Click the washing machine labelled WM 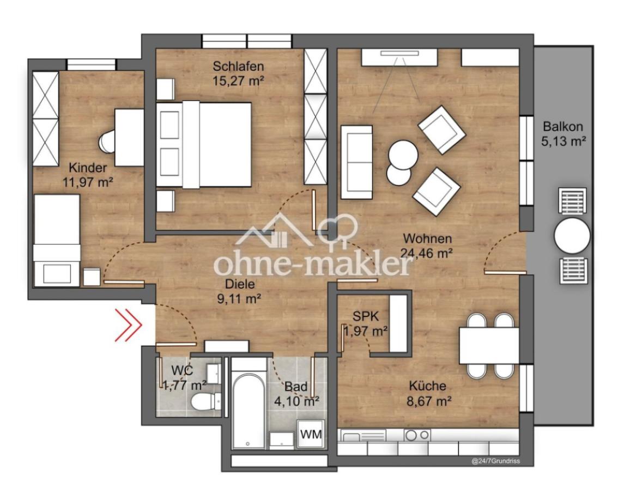pos(311,434)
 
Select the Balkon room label pos(562,126)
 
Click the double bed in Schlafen pos(204,144)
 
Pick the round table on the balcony pos(572,236)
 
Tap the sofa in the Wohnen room pos(356,162)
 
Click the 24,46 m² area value pos(427,253)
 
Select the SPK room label pos(366,317)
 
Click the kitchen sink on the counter pos(363,436)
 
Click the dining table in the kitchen pos(489,346)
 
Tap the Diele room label pos(240,284)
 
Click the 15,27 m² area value pos(238,80)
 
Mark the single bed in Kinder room pos(57,241)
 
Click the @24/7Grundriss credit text pos(496,461)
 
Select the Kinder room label pos(88,167)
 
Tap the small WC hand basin pos(213,375)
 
